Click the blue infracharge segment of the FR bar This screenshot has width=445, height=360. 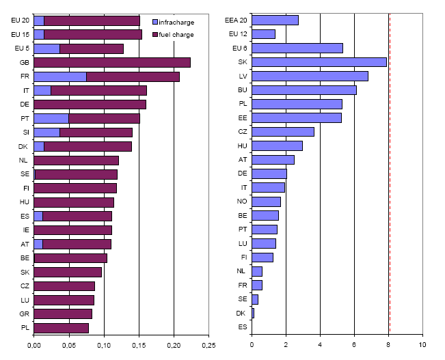60,77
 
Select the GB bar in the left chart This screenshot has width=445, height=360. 112,63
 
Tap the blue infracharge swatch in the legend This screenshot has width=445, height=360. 155,22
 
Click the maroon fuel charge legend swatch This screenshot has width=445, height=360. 155,34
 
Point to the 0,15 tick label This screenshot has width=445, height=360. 139,345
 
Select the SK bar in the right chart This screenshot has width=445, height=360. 319,62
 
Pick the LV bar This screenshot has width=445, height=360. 310,76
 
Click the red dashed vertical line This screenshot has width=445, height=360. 390,173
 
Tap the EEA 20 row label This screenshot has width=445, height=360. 236,20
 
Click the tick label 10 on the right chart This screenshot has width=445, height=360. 422,345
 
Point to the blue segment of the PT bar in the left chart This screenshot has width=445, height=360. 51,119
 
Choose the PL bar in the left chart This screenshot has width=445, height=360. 62,328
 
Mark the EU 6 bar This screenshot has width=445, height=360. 297,49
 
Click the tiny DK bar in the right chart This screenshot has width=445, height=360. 253,314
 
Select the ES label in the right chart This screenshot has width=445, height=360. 243,327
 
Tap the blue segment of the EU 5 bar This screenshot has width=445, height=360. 47,49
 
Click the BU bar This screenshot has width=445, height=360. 304,90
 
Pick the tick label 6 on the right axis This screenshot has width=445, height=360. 354,345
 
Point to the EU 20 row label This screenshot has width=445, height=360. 20,20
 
